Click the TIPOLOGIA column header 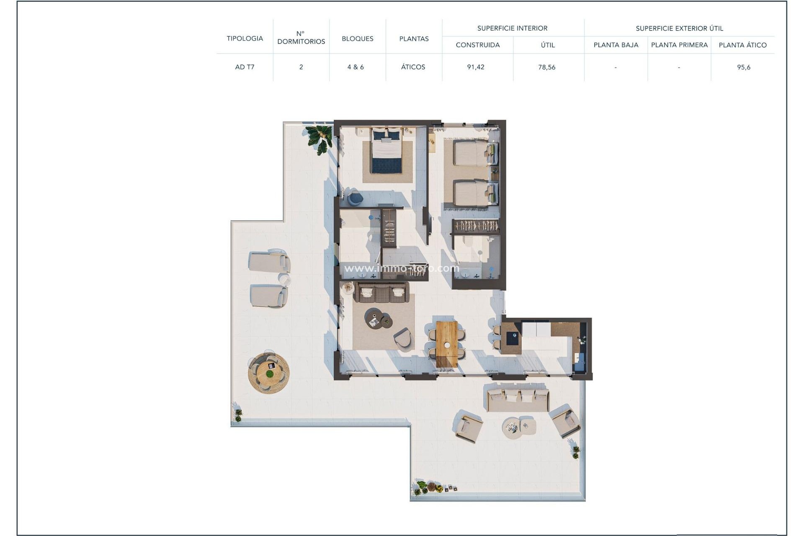[x=245, y=39]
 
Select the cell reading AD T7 [x=245, y=67]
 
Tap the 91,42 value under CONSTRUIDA [x=476, y=67]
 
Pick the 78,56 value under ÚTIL [x=547, y=67]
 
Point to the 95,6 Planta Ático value [x=743, y=67]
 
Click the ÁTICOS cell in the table [x=413, y=67]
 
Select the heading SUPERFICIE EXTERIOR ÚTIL [x=679, y=28]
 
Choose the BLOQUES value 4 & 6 [x=356, y=67]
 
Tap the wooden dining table [x=447, y=343]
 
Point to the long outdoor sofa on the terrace [x=518, y=399]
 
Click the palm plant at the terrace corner [x=320, y=139]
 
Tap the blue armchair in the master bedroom [x=355, y=198]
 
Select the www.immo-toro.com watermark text [x=401, y=268]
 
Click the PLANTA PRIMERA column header [x=679, y=45]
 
